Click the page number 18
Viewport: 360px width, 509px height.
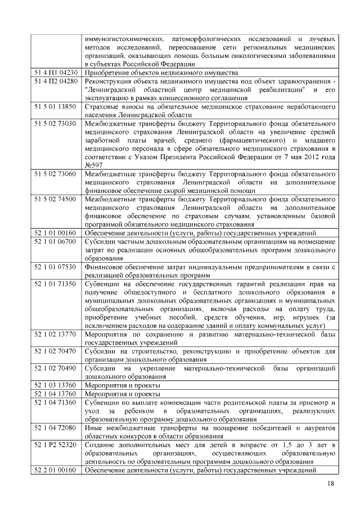pos(330,485)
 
